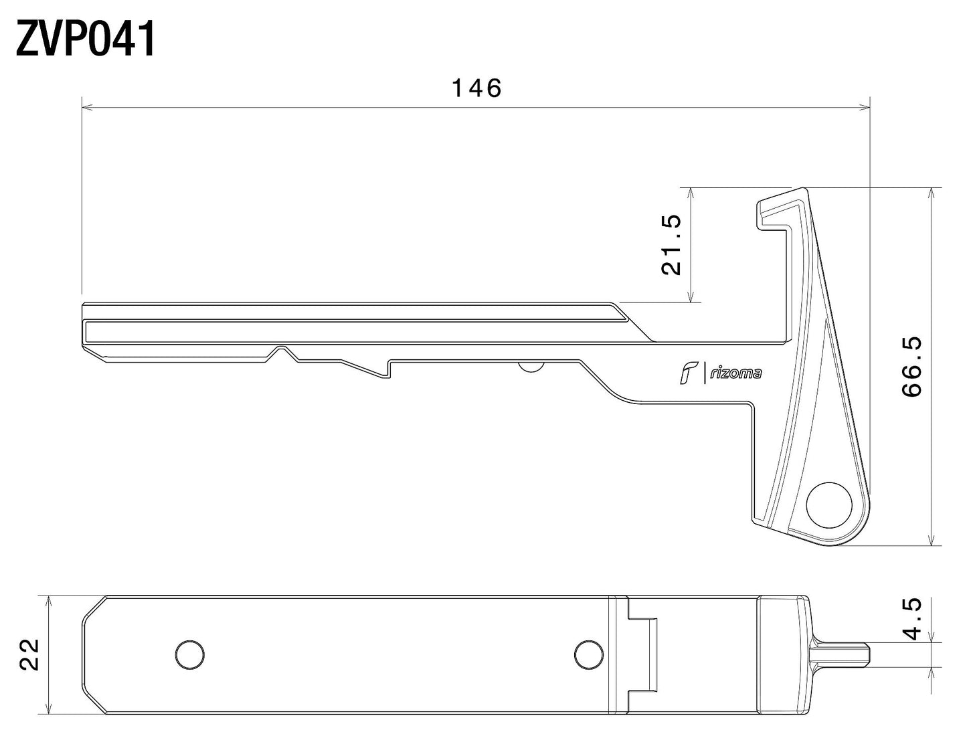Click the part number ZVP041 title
click(86, 39)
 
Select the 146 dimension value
click(476, 88)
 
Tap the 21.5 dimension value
click(671, 245)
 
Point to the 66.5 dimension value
click(913, 367)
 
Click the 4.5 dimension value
click(913, 618)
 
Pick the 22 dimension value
click(30, 654)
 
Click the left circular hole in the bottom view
click(189, 654)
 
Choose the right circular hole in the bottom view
click(588, 654)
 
